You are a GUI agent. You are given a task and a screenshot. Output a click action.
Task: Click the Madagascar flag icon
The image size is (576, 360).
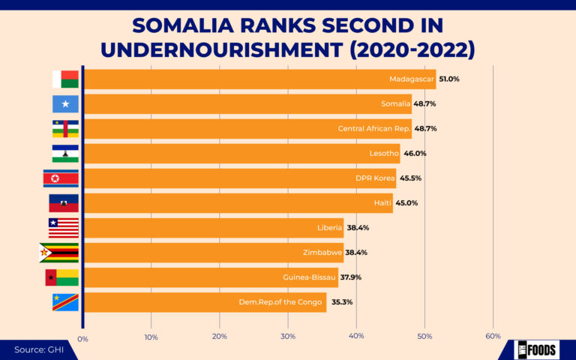pos(65,79)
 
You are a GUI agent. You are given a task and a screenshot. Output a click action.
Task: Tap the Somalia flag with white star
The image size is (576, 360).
pos(65,103)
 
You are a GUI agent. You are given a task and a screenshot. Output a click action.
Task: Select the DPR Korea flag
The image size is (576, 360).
pos(61,178)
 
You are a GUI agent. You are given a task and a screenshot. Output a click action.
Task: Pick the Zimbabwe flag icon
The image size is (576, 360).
pos(58,252)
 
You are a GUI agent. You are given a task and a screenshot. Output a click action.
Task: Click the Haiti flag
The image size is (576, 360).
pos(64,202)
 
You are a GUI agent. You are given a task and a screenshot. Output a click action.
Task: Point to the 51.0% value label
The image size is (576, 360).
pos(449,79)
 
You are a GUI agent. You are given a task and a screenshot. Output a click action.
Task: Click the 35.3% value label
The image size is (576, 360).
pos(342,302)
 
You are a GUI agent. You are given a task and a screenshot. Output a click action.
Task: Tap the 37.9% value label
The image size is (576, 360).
pos(352,277)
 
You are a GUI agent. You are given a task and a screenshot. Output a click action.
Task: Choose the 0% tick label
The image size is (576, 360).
pos(82,339)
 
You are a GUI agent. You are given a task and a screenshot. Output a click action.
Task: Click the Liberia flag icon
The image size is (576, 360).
pos(64,227)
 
